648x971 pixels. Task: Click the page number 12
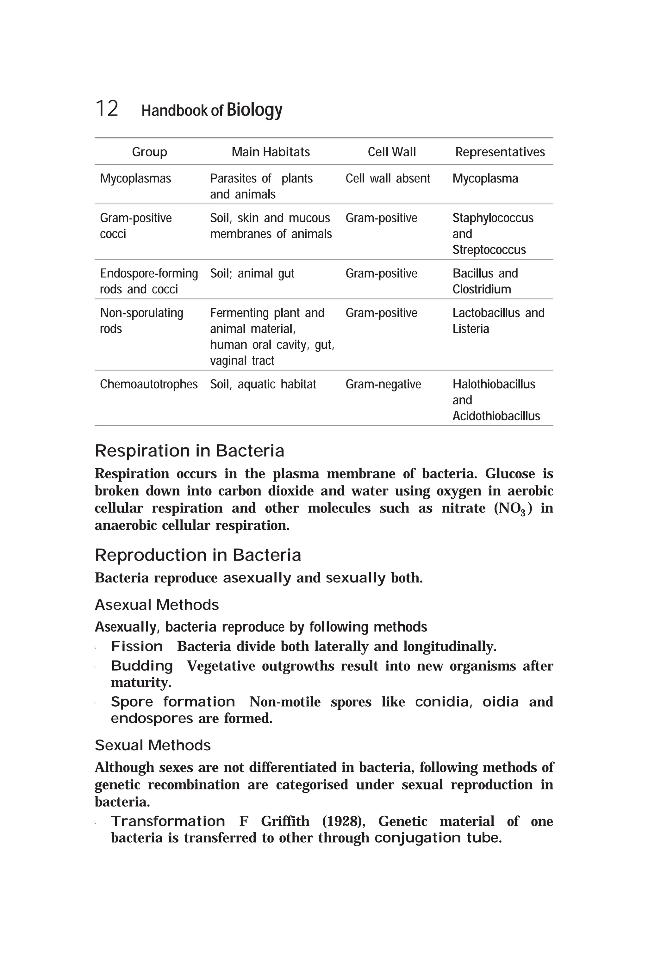pyautogui.click(x=107, y=109)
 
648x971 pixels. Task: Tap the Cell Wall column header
pyautogui.click(x=391, y=152)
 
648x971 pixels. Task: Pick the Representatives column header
pyautogui.click(x=500, y=152)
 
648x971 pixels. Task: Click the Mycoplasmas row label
pyautogui.click(x=135, y=178)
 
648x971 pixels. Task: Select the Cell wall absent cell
pyautogui.click(x=387, y=178)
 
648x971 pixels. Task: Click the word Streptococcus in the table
pyautogui.click(x=489, y=250)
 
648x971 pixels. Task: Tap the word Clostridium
pyautogui.click(x=482, y=289)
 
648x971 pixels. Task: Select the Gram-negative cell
pyautogui.click(x=383, y=384)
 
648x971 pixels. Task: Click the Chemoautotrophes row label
pyautogui.click(x=149, y=384)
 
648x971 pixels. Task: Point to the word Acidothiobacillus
pyautogui.click(x=496, y=416)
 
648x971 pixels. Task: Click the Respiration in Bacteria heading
pyautogui.click(x=189, y=451)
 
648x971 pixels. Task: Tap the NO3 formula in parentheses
pyautogui.click(x=513, y=508)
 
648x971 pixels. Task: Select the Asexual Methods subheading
pyautogui.click(x=157, y=605)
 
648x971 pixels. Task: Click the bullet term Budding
pyautogui.click(x=142, y=666)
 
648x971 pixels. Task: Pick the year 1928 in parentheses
pyautogui.click(x=343, y=821)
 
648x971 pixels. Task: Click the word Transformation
pyautogui.click(x=168, y=821)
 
